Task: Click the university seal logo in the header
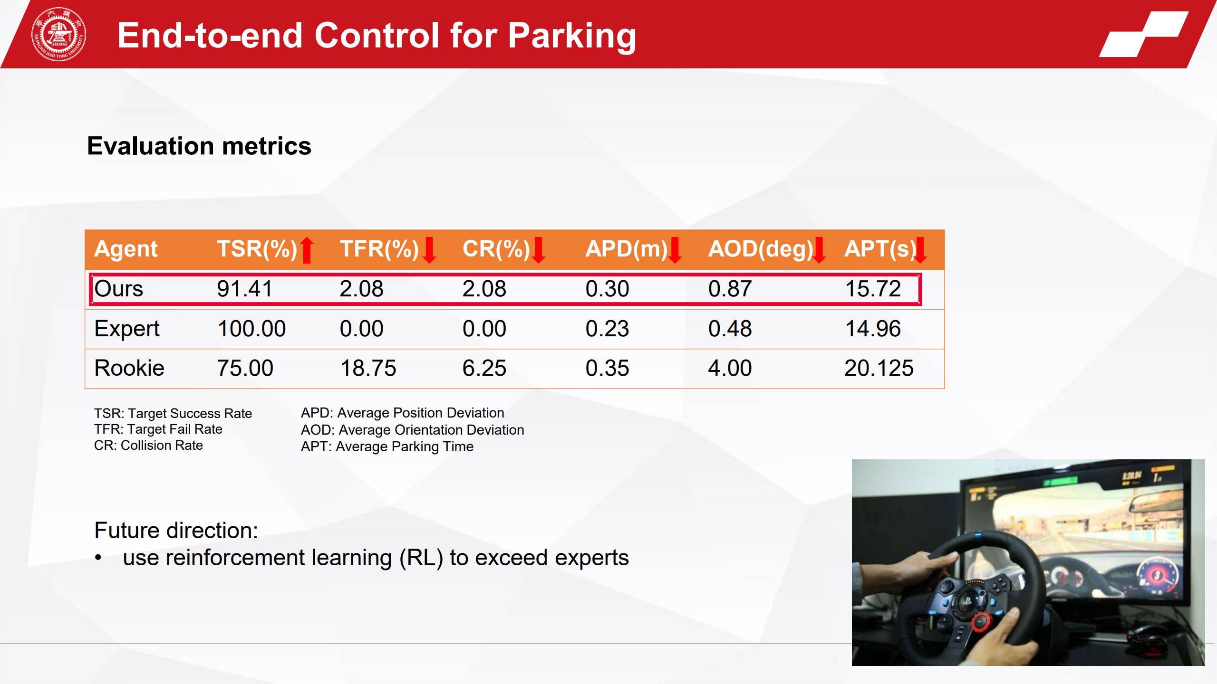(58, 34)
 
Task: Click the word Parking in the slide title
(572, 37)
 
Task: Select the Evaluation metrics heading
(199, 146)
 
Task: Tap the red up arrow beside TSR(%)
(307, 250)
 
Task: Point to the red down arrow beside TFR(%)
(429, 250)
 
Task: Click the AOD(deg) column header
(761, 249)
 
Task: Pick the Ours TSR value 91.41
(245, 289)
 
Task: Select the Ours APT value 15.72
(873, 289)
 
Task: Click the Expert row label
(127, 329)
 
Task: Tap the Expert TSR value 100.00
(251, 329)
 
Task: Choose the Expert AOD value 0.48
(730, 329)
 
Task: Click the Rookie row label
(129, 368)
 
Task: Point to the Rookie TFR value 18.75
(368, 368)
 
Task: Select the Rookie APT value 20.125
(879, 368)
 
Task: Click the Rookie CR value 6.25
(484, 368)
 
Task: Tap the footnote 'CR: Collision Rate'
(148, 446)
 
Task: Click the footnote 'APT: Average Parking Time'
(387, 446)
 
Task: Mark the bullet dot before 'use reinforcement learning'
(98, 558)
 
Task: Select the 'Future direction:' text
(176, 530)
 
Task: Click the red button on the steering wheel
(980, 620)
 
